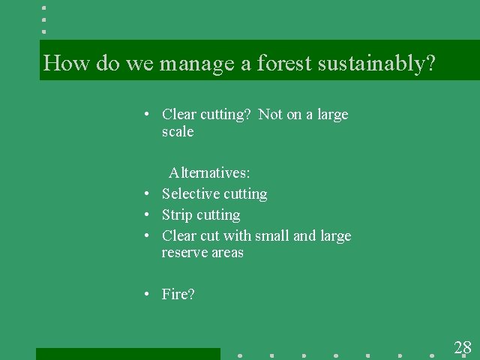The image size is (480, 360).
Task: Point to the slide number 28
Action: tap(463, 347)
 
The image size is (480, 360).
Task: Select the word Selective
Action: tap(190, 194)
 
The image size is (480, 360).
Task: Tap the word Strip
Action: tap(176, 215)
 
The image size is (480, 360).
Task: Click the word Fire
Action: tap(176, 294)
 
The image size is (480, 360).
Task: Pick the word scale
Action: tap(178, 132)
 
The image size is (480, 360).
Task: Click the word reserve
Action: tap(182, 253)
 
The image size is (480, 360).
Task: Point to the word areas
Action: tap(227, 253)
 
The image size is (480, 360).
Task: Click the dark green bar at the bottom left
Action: tap(127, 353)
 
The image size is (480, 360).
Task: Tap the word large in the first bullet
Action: tap(333, 115)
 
